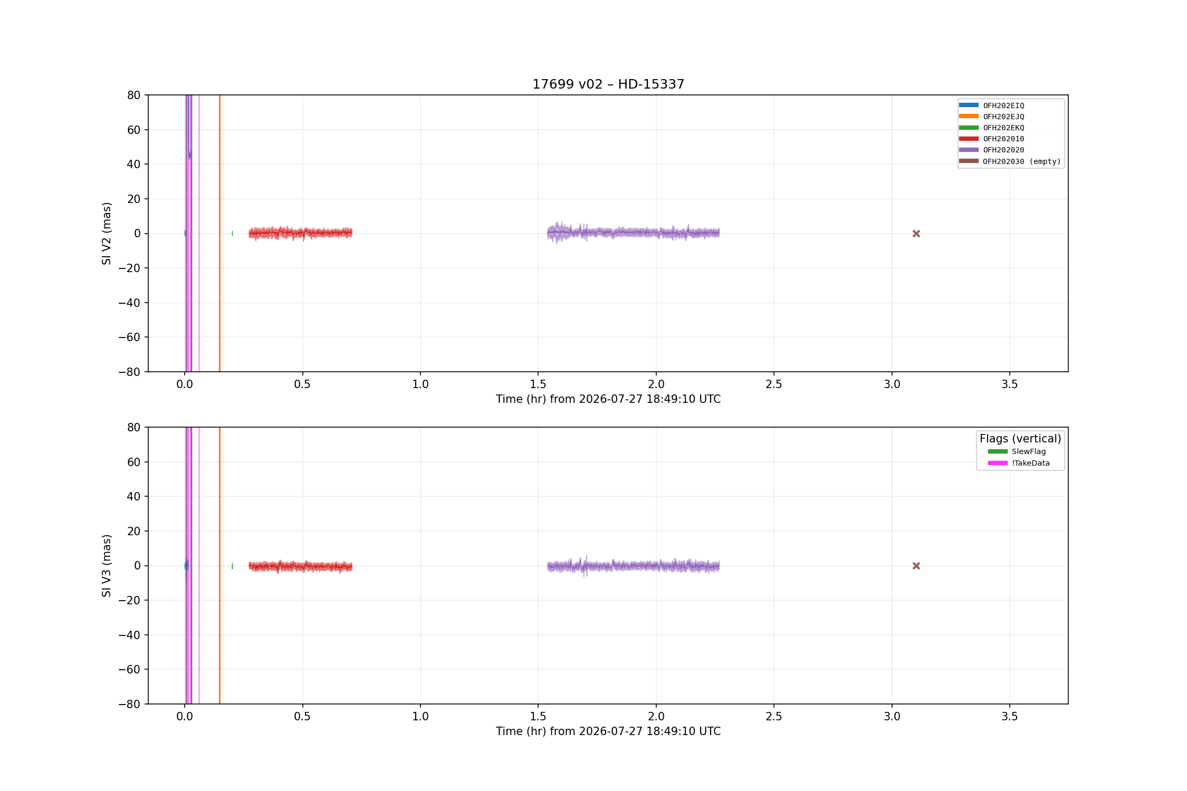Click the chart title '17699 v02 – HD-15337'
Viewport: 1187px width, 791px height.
608,84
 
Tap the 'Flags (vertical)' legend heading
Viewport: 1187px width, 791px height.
1020,439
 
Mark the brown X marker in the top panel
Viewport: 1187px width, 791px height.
916,234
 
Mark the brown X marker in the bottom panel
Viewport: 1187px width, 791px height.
916,566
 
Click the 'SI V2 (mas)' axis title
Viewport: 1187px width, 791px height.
107,234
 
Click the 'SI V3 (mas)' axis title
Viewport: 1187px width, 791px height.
107,566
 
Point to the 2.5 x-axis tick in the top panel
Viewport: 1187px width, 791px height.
774,384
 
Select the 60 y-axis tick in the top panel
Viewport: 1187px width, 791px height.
134,130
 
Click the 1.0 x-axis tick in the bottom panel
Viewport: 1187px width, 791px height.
420,717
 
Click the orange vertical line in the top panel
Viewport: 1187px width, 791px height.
219,234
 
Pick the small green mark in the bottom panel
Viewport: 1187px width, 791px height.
232,566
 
